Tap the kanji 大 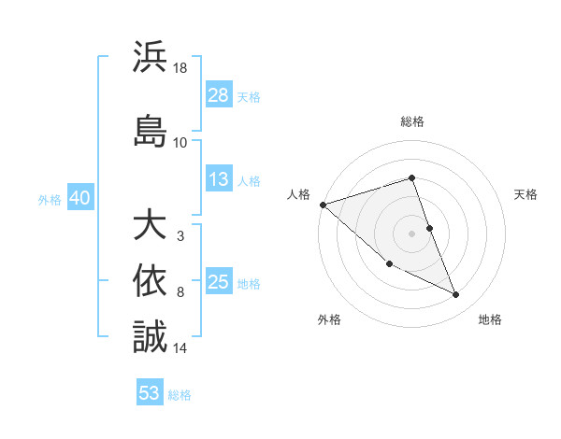(x=151, y=225)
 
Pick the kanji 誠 (x=151, y=335)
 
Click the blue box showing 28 (x=219, y=94)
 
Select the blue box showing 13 (x=219, y=179)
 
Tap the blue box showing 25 (x=219, y=281)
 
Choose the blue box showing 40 (x=79, y=198)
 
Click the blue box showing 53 (x=150, y=393)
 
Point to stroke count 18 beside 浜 (x=180, y=68)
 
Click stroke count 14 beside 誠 (x=180, y=347)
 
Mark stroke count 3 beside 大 (x=180, y=236)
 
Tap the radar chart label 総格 (x=412, y=122)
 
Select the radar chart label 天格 (x=525, y=194)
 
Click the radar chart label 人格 (x=299, y=194)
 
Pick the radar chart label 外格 (x=329, y=319)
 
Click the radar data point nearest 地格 (x=455, y=295)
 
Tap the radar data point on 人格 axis (x=323, y=205)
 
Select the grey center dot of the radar (x=412, y=234)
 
